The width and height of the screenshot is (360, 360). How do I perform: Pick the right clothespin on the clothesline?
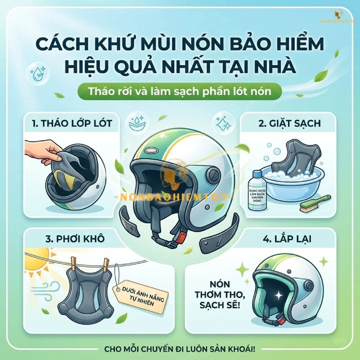(107, 265)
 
